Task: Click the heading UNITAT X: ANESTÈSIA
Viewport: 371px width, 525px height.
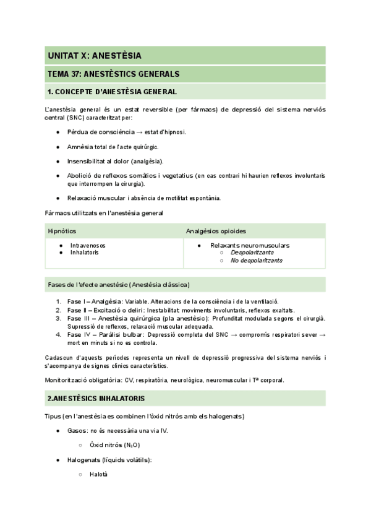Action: pos(95,56)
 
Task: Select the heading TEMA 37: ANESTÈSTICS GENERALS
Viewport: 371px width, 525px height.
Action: pos(113,74)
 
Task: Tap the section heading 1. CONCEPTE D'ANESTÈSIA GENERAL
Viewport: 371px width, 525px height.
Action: pos(111,92)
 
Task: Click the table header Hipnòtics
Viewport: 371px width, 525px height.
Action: pos(62,231)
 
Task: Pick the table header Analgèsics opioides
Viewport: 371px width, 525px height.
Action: pos(216,231)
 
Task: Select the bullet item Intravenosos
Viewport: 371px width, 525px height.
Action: pos(88,245)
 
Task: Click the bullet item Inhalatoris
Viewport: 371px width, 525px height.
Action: pos(84,253)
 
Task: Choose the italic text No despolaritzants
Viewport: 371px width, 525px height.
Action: pos(256,261)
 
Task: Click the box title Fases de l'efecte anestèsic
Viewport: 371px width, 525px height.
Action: pos(119,285)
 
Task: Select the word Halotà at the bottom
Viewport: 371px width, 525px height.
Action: pos(98,474)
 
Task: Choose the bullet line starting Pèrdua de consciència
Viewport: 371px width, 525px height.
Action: pos(126,132)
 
